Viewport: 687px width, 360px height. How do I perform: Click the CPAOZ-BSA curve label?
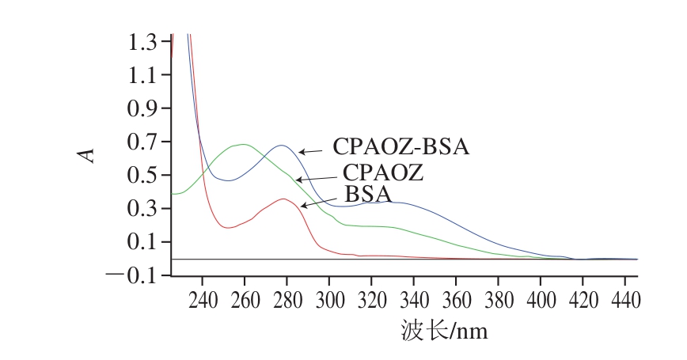(x=400, y=147)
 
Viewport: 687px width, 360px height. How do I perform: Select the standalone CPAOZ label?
(x=383, y=172)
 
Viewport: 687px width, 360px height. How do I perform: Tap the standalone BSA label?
(x=369, y=195)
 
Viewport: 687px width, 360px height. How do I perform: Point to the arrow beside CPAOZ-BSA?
(x=311, y=151)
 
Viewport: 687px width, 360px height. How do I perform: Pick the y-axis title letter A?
(x=89, y=153)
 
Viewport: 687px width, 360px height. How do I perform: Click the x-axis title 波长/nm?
(x=444, y=330)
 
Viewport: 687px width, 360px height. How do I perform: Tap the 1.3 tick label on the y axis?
(x=145, y=41)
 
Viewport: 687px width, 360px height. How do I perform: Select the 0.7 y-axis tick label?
(x=145, y=142)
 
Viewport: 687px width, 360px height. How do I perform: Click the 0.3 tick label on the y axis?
(x=145, y=209)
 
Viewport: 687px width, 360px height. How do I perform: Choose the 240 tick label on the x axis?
(x=203, y=301)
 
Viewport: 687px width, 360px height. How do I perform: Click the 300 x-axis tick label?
(x=329, y=301)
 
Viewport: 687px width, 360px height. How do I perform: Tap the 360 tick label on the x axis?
(x=456, y=301)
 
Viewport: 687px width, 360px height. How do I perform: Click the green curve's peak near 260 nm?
(x=243, y=144)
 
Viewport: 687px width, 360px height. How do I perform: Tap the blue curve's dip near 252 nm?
(x=227, y=181)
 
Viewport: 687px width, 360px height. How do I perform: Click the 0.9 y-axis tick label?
(x=145, y=108)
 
